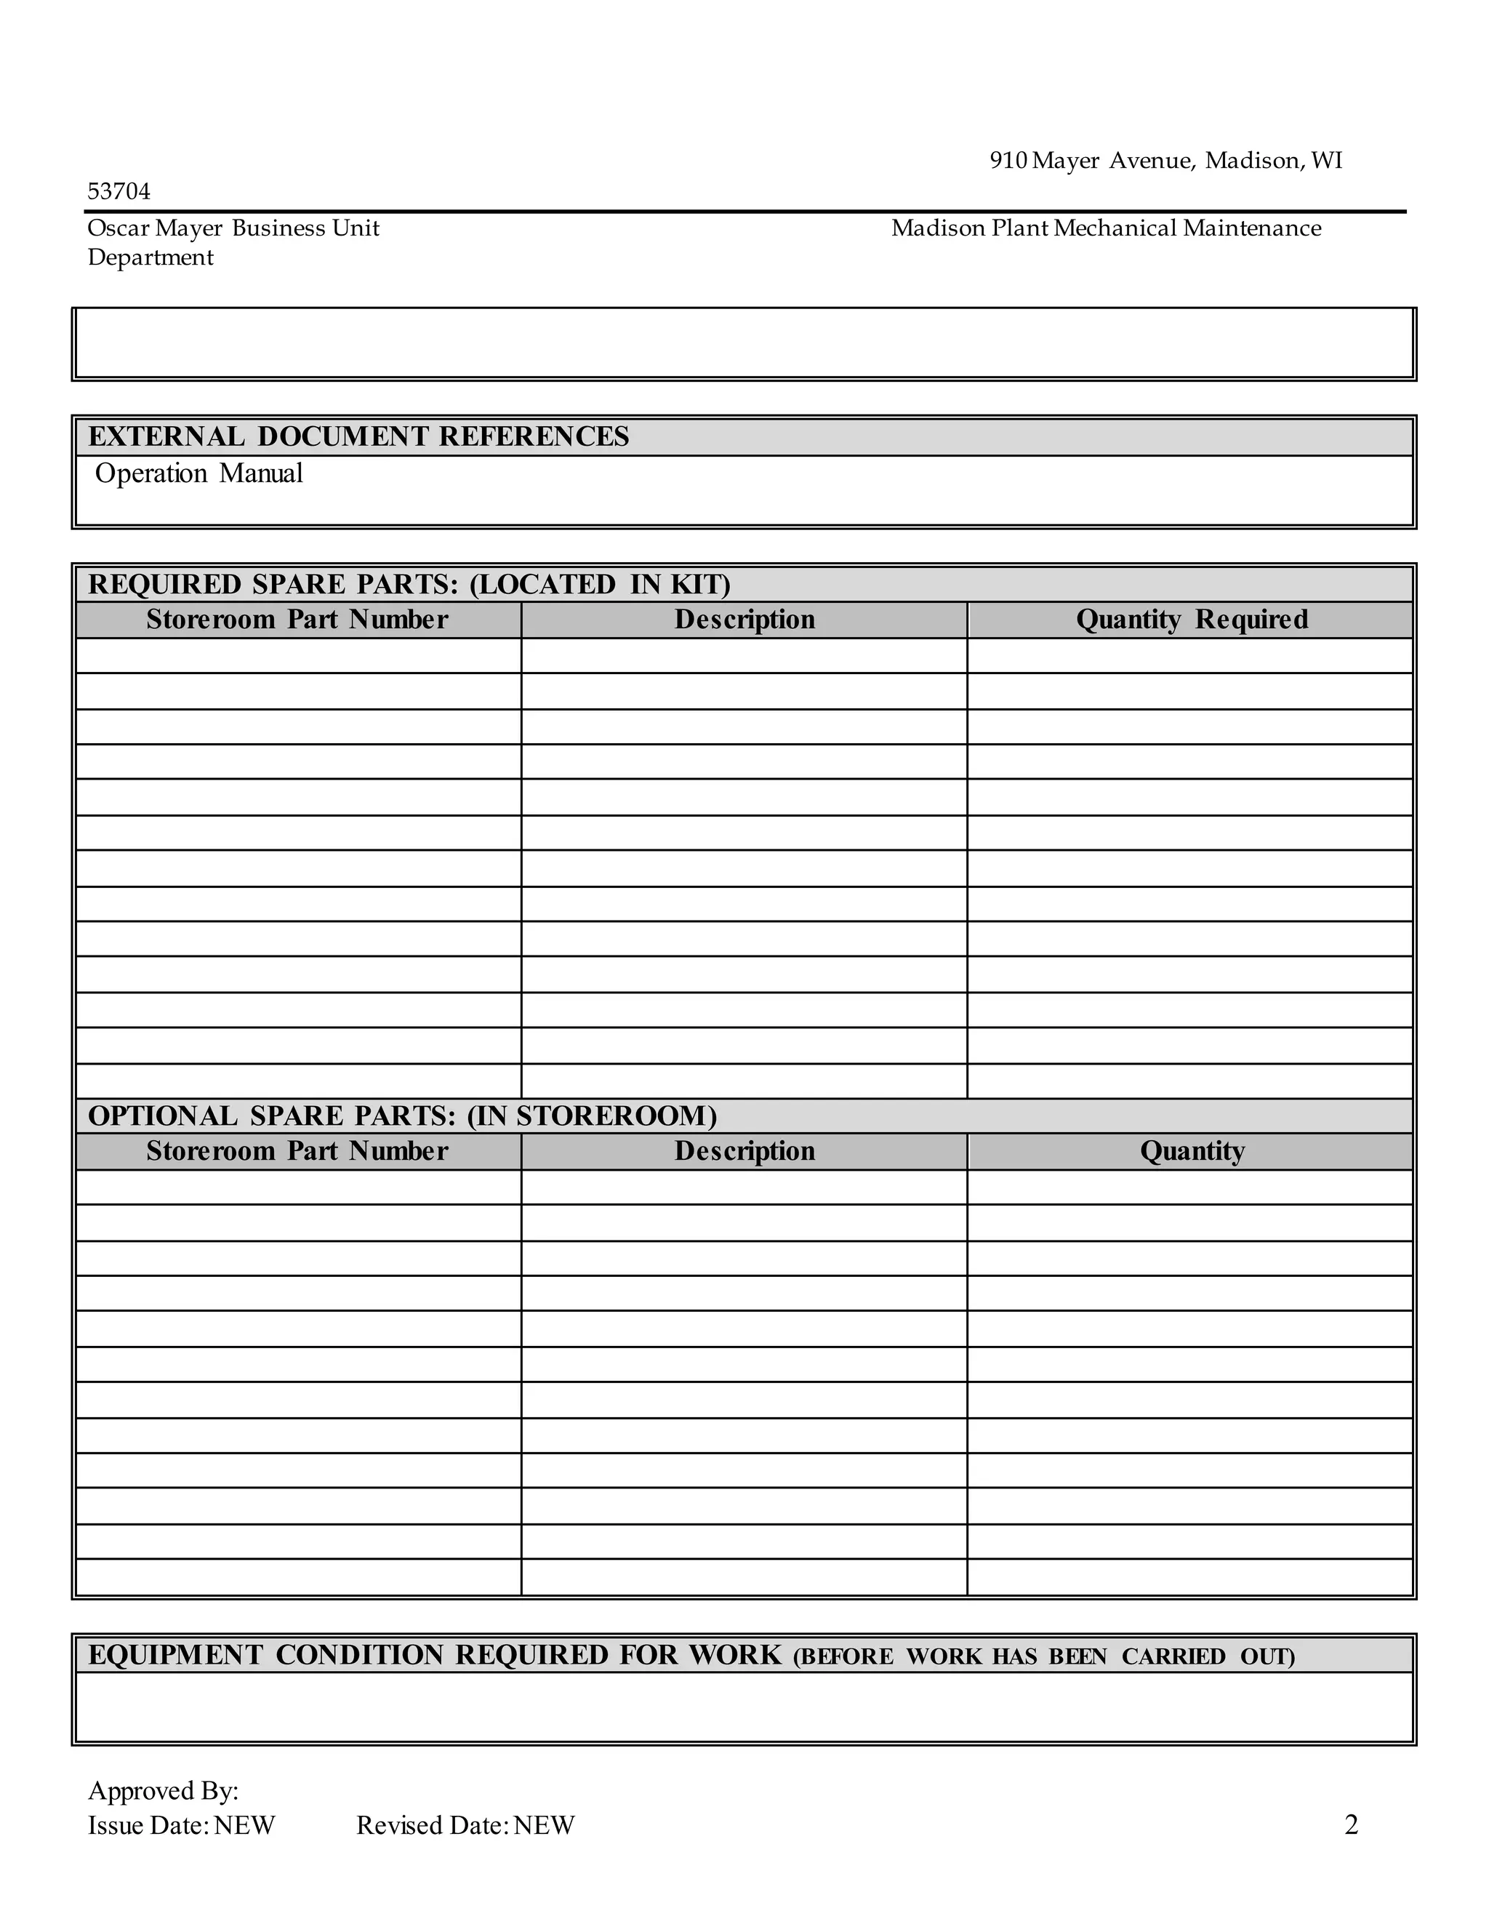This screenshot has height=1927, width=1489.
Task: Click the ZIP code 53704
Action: [119, 191]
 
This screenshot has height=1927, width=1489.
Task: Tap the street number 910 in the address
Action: [1008, 161]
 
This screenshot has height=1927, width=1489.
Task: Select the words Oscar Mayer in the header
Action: [156, 228]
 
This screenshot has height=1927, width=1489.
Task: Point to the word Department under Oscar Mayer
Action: [150, 257]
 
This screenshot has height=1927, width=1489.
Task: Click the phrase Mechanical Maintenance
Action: [1187, 228]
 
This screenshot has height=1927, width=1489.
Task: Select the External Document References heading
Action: [358, 437]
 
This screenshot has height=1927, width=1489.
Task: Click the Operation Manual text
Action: [198, 474]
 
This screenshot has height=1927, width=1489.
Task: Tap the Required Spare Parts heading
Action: [409, 585]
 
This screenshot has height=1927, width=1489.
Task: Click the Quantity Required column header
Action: [1192, 620]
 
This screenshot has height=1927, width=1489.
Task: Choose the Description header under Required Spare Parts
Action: [744, 620]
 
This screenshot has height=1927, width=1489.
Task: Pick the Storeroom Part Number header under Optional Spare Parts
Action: [297, 1150]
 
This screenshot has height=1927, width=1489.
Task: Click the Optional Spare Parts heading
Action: [402, 1116]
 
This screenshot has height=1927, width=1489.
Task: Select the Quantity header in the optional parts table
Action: [1192, 1150]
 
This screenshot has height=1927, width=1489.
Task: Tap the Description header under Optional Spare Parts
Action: [744, 1150]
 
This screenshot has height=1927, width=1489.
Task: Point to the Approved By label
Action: [163, 1791]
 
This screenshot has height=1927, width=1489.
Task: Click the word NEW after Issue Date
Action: [244, 1825]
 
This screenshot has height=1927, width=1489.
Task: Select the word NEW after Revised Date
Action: [545, 1825]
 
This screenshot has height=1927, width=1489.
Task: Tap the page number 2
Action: [1351, 1824]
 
